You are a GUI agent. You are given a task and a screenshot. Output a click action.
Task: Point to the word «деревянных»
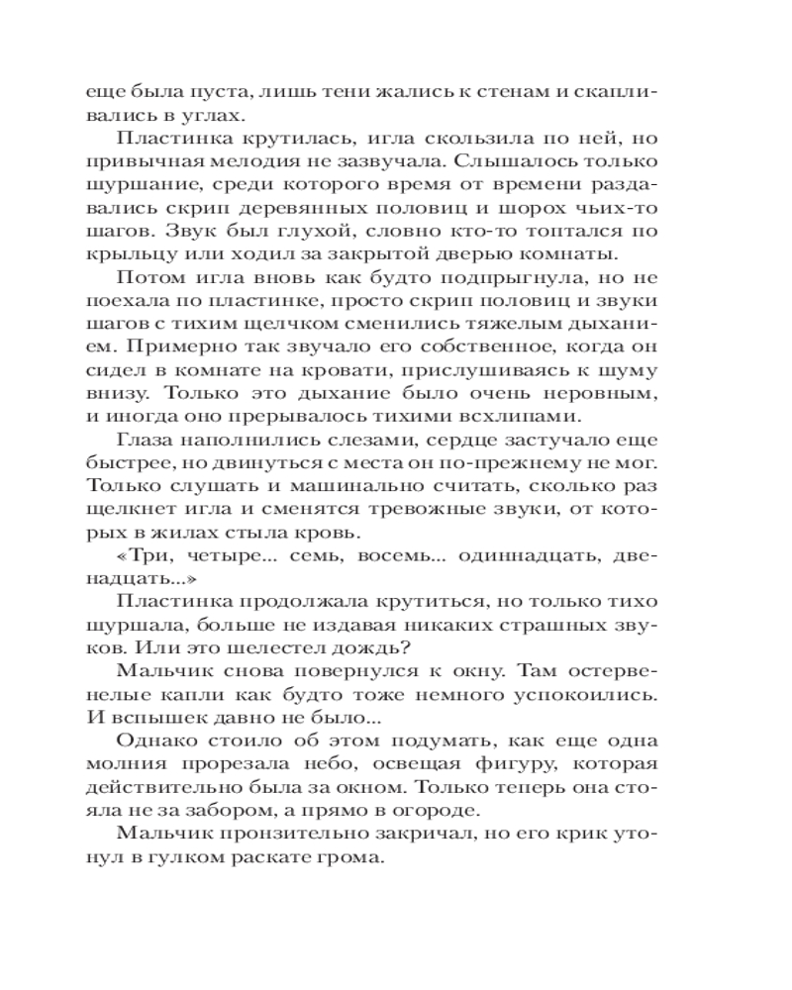click(337, 210)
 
